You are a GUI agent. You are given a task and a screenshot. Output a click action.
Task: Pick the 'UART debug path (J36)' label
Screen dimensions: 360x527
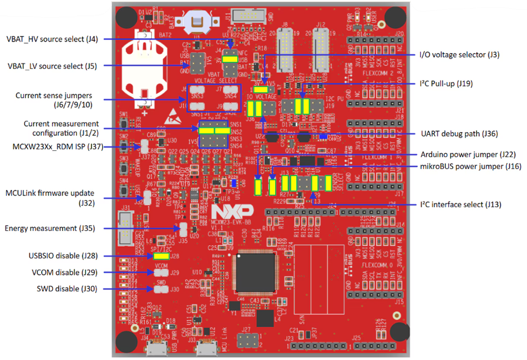coord(460,134)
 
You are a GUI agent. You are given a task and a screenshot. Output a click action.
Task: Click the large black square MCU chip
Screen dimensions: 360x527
coord(255,272)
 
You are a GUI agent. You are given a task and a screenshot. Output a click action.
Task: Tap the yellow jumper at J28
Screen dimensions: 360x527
coord(161,256)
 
